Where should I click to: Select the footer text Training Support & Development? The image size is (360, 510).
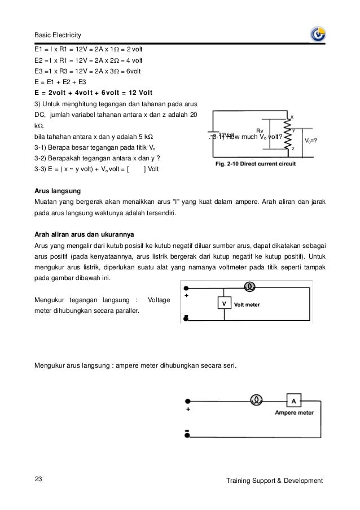(x=274, y=481)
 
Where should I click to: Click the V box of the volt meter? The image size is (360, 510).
(x=224, y=304)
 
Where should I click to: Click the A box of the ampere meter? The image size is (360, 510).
(x=293, y=400)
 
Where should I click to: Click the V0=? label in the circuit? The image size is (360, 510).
(x=314, y=140)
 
